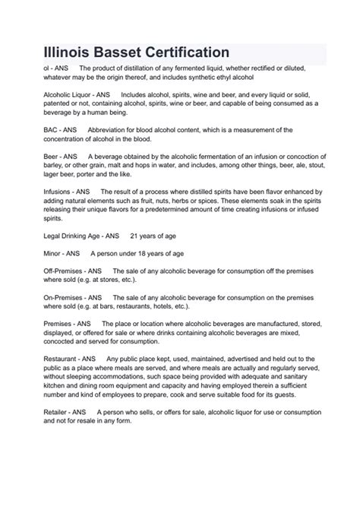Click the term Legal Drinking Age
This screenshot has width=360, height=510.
point(58,236)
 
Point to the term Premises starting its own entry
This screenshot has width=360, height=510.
point(41,323)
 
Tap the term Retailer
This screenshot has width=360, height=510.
point(39,411)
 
